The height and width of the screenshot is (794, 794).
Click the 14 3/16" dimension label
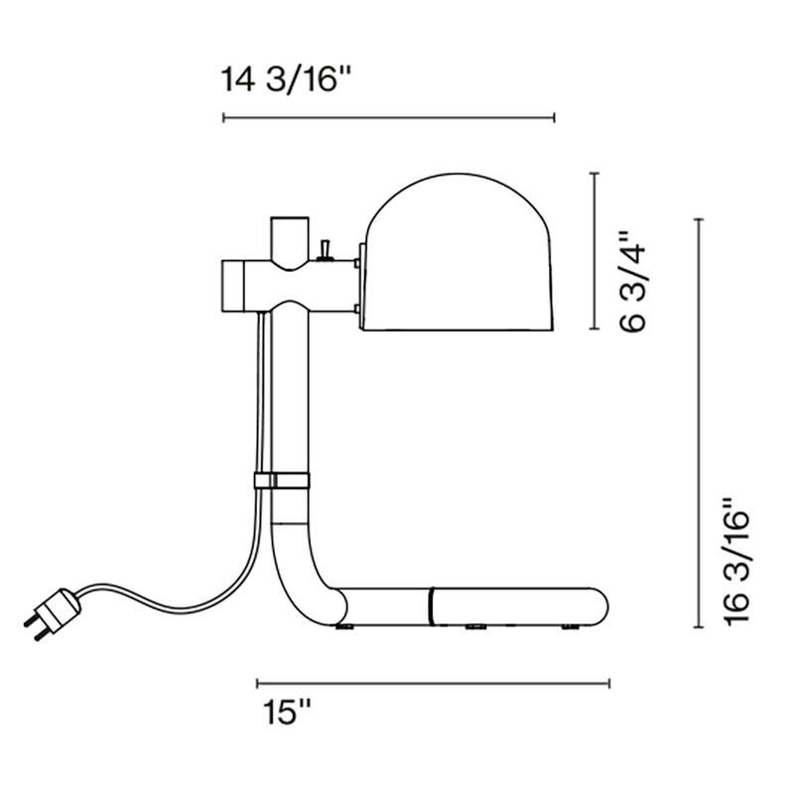[286, 79]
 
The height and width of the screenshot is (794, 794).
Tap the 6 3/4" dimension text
[633, 282]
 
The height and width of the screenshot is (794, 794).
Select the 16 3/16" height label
[736, 562]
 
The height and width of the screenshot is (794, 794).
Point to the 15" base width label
[286, 713]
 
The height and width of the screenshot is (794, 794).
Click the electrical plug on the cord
[52, 613]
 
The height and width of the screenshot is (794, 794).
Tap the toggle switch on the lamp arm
[326, 251]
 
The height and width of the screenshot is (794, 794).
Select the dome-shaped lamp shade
[459, 252]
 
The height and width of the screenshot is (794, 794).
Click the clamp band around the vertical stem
[282, 480]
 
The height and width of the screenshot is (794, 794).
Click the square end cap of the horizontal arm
[234, 286]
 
